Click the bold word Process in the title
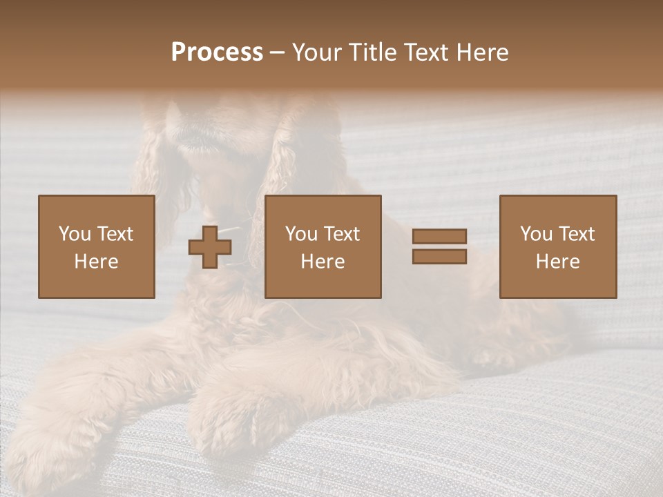pyautogui.click(x=217, y=52)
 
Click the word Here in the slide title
pyautogui.click(x=483, y=52)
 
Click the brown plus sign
pyautogui.click(x=210, y=247)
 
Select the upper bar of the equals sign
pyautogui.click(x=439, y=237)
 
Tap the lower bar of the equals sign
pyautogui.click(x=439, y=256)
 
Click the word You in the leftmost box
pyautogui.click(x=75, y=234)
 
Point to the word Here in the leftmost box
pyautogui.click(x=96, y=262)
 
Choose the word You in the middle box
pyautogui.click(x=301, y=234)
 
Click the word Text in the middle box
pyautogui.click(x=341, y=234)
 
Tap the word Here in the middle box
pyautogui.click(x=323, y=262)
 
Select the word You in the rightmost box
pyautogui.click(x=536, y=234)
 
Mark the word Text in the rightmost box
pyautogui.click(x=576, y=234)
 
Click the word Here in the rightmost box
pyautogui.click(x=557, y=262)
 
